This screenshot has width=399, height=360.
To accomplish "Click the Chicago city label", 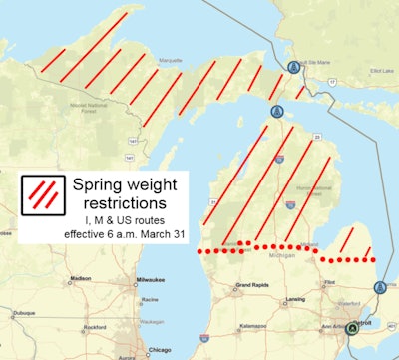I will coord(156,350).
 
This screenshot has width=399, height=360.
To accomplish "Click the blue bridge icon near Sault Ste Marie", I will coord(293,66).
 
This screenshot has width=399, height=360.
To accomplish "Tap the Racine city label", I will coord(152,298).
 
